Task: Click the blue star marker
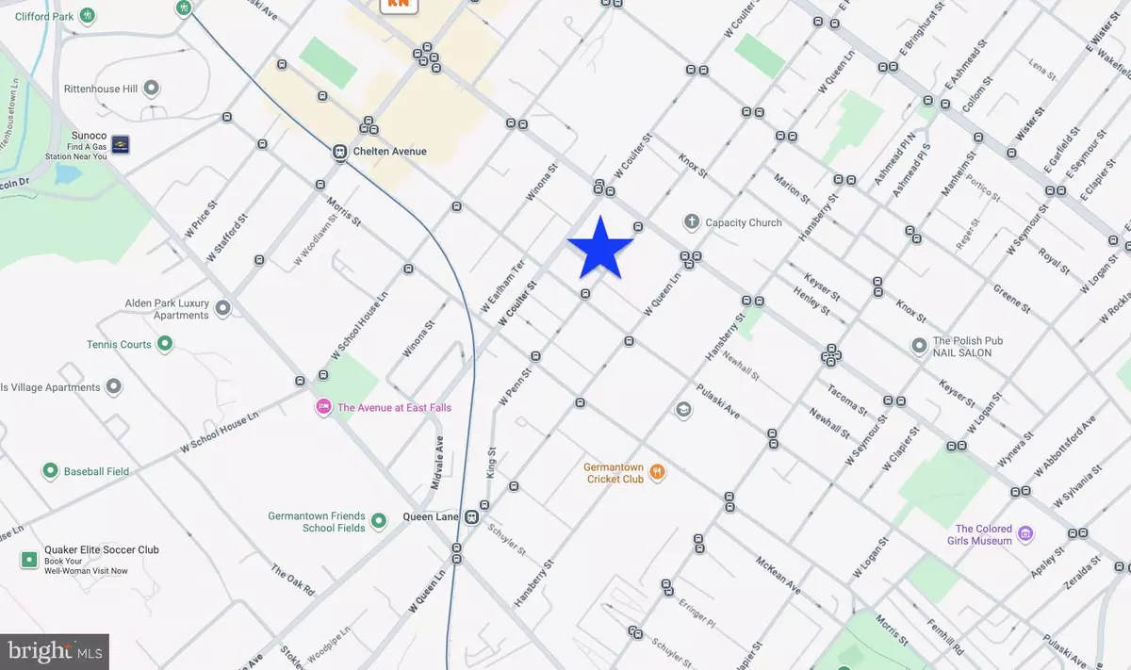pyautogui.click(x=600, y=248)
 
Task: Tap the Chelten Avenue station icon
pyautogui.click(x=339, y=152)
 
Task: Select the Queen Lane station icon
pyautogui.click(x=470, y=517)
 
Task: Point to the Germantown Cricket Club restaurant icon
pyautogui.click(x=658, y=472)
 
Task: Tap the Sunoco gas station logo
pyautogui.click(x=121, y=144)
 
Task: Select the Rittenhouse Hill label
pyautogui.click(x=101, y=89)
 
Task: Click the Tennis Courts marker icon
pyautogui.click(x=165, y=344)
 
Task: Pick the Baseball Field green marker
pyautogui.click(x=50, y=471)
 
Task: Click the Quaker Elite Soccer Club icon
pyautogui.click(x=29, y=560)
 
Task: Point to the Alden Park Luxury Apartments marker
pyautogui.click(x=223, y=308)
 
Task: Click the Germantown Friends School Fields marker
pyautogui.click(x=379, y=521)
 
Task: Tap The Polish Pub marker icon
pyautogui.click(x=919, y=347)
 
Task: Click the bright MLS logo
pyautogui.click(x=55, y=651)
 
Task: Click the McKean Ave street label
pyautogui.click(x=779, y=574)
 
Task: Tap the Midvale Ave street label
pyautogui.click(x=437, y=464)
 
